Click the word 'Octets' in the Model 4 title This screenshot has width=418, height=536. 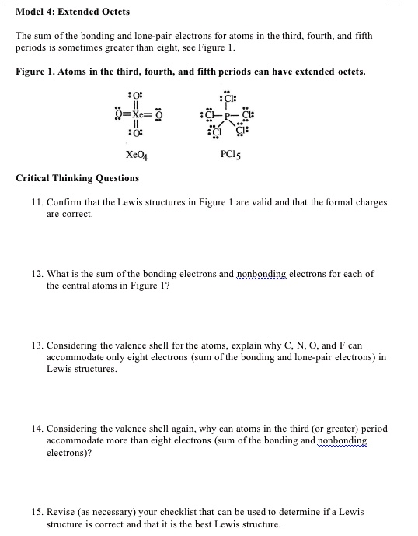point(113,12)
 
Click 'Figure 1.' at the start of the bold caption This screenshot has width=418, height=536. point(35,72)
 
